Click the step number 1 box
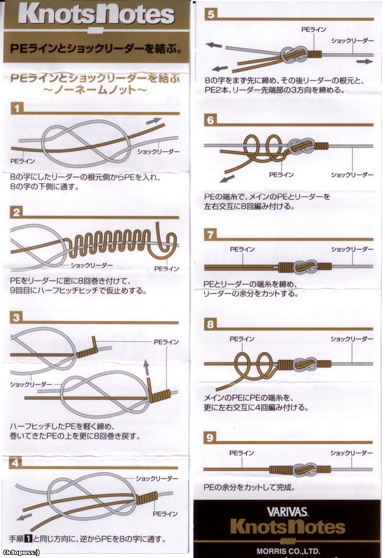click(x=17, y=108)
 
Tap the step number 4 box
click(x=15, y=463)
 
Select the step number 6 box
click(x=210, y=120)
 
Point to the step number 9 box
click(x=210, y=437)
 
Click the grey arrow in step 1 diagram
click(x=153, y=121)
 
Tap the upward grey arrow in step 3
click(x=146, y=368)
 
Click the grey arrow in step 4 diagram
click(x=24, y=516)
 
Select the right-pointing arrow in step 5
click(x=364, y=62)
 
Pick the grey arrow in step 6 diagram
click(x=227, y=178)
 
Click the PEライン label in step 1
click(x=23, y=161)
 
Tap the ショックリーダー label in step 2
click(x=91, y=265)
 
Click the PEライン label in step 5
click(x=314, y=30)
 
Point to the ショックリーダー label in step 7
click(x=352, y=249)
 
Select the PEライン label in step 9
click(x=242, y=453)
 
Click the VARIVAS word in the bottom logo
click(x=287, y=512)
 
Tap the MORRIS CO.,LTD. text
click(x=288, y=551)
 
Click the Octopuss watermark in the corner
click(x=20, y=552)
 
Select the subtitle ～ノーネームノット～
click(x=95, y=89)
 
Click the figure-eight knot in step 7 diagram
click(x=305, y=266)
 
